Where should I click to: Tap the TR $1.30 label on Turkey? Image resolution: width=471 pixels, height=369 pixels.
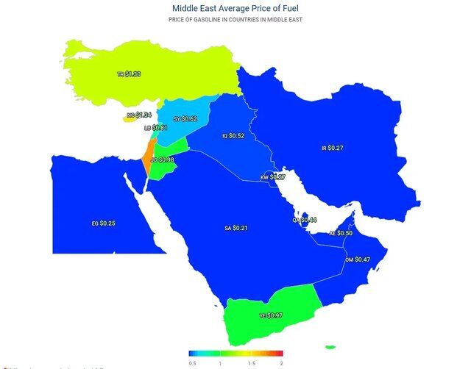[129, 74]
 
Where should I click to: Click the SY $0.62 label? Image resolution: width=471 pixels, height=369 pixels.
[185, 118]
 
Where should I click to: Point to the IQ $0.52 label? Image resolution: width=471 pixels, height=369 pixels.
[233, 136]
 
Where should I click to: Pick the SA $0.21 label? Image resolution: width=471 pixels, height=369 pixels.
[235, 229]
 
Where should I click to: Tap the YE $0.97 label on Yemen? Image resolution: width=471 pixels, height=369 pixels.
[271, 315]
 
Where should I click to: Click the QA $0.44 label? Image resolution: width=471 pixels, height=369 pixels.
[304, 220]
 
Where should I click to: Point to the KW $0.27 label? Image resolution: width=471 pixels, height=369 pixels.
[273, 177]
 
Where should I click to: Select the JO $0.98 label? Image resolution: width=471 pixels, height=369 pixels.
[162, 160]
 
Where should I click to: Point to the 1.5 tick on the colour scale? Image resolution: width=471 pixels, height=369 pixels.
[252, 363]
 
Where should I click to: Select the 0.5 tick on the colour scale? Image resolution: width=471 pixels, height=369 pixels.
[192, 363]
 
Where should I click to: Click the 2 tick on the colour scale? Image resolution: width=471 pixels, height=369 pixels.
[281, 363]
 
